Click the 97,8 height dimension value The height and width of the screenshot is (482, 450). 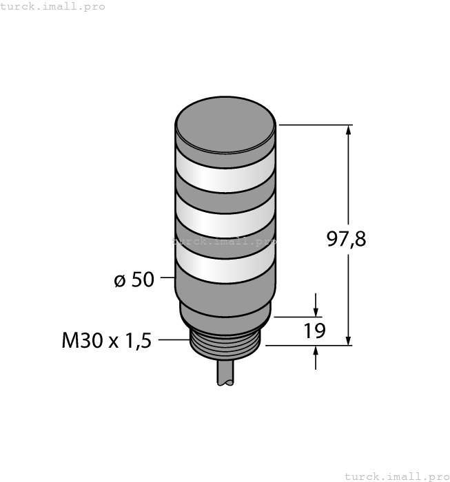point(345,239)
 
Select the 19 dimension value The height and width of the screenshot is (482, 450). point(315,331)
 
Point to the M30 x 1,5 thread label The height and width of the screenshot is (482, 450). point(106,341)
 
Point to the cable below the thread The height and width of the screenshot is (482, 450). point(225,377)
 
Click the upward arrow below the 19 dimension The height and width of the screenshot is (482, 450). point(316,352)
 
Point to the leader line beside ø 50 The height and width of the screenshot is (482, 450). point(167,278)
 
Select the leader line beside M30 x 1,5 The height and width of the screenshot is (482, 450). point(174,339)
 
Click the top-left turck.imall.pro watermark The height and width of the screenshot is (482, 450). point(53,6)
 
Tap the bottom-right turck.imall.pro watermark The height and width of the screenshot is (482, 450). point(396,476)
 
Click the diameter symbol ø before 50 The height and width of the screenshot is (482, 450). point(119,281)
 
